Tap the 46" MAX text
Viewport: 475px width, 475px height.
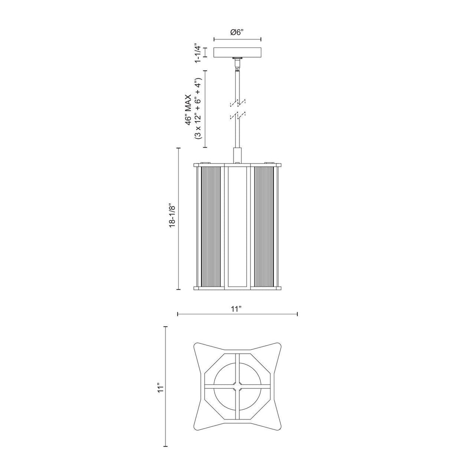(190, 109)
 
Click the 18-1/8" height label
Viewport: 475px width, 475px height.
(171, 219)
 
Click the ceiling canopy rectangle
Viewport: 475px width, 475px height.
(237, 52)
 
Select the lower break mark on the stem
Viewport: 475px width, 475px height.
(237, 116)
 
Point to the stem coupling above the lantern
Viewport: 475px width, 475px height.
(237, 155)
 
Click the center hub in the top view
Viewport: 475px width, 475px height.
(237, 384)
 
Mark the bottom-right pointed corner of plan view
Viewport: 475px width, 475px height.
(278, 424)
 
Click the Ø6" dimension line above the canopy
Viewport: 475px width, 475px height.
(237, 40)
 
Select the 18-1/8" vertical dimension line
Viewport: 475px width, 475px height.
(179, 219)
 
